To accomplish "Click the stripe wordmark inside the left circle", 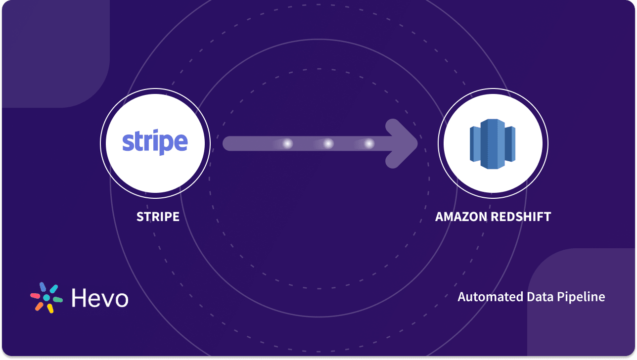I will coord(155,142).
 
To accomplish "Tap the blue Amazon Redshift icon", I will coord(493,144).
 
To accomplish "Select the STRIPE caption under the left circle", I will coord(158,217).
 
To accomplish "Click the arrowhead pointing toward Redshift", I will coord(403,143).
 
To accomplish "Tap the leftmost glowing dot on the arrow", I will coord(287,143).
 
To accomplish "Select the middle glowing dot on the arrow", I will coord(328,143).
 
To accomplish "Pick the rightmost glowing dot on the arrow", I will coord(369,143).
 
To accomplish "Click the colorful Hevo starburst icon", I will coord(46,298).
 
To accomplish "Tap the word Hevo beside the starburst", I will coord(100,298).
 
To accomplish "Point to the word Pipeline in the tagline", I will coord(582,297).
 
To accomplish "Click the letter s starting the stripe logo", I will coord(127,142).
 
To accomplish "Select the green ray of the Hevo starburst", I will coord(57,300).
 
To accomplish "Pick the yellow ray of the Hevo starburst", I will coord(50,309).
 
